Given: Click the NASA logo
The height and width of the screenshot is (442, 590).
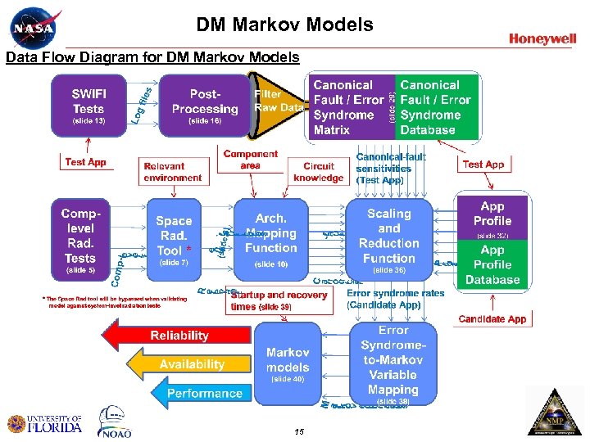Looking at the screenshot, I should [x=35, y=27].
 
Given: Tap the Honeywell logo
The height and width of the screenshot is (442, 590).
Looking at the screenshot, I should [x=542, y=38].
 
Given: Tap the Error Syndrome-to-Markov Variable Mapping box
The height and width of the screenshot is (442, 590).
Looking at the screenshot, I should [x=393, y=363].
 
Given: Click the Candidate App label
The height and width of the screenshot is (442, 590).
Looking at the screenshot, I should [x=492, y=319].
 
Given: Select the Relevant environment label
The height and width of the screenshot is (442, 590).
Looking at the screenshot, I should [x=172, y=172].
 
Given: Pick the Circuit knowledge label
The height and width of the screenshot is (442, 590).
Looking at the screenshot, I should [x=318, y=172].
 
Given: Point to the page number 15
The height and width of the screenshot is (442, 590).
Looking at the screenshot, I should [x=298, y=431].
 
